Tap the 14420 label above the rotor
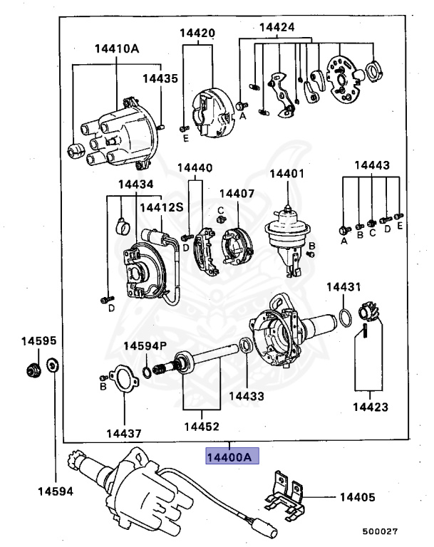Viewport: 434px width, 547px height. [x=197, y=33]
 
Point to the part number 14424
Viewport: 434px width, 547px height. [x=277, y=28]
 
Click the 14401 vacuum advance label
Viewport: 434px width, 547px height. [x=286, y=172]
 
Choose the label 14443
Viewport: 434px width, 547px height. [x=372, y=165]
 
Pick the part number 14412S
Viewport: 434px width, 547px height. [x=160, y=207]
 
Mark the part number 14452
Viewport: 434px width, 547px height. [x=200, y=427]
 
